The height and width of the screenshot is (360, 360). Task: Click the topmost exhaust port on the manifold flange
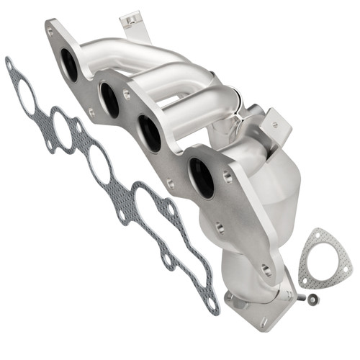(70, 65)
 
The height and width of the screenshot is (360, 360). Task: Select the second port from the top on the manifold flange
(110, 99)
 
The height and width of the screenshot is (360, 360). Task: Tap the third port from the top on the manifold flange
(150, 133)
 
